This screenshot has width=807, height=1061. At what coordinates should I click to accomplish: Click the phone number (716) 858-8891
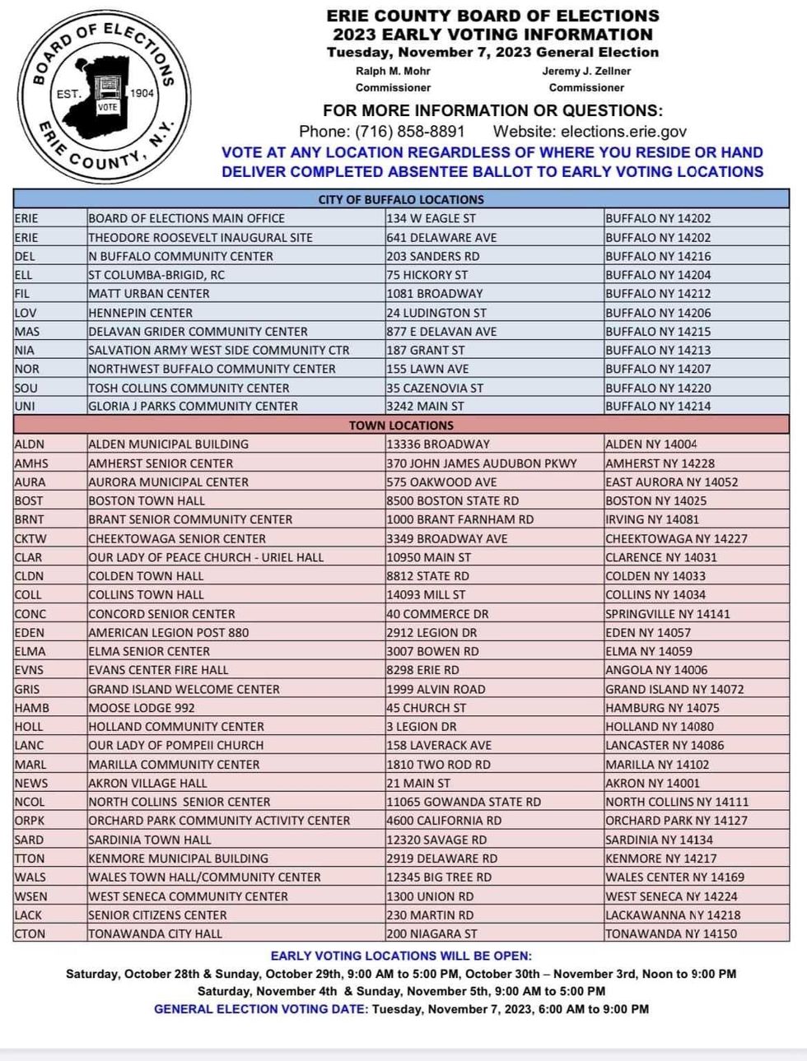(409, 132)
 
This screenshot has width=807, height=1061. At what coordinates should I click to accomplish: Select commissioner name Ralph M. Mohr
(393, 72)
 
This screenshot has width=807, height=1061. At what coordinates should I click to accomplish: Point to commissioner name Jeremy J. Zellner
(586, 72)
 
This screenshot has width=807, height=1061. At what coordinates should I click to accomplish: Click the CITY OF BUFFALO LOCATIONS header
(401, 199)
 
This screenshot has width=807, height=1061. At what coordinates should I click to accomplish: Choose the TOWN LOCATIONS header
(401, 426)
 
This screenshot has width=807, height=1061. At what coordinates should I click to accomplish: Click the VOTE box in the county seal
(108, 108)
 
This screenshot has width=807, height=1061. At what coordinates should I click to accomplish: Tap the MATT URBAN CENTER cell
(149, 294)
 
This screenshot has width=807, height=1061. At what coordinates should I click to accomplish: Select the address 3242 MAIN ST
(426, 407)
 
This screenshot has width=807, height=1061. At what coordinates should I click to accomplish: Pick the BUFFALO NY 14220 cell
(658, 388)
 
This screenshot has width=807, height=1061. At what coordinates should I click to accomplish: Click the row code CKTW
(30, 539)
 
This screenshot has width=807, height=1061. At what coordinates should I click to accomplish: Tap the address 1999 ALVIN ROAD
(436, 689)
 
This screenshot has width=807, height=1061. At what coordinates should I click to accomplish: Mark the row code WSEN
(31, 896)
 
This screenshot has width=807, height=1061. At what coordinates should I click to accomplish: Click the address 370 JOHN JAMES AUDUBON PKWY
(482, 463)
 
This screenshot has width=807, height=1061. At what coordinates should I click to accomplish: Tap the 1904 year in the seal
(142, 93)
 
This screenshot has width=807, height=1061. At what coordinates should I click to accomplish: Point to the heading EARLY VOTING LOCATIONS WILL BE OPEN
(401, 956)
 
